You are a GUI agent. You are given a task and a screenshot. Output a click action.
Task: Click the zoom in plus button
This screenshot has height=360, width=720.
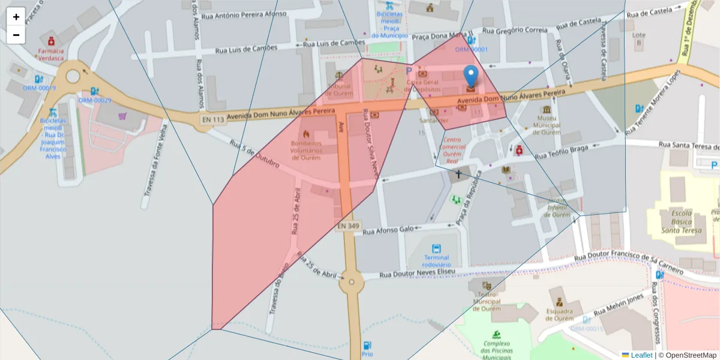click(x=16, y=17)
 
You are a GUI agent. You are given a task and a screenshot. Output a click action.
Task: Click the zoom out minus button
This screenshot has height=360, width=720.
click(x=16, y=35)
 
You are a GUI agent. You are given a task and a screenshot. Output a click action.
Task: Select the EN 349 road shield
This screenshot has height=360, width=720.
click(x=348, y=226)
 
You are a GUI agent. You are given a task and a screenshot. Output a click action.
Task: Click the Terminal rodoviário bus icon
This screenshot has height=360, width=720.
click(x=436, y=248)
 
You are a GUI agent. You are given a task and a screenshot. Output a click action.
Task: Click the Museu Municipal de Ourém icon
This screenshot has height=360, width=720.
click(x=546, y=112)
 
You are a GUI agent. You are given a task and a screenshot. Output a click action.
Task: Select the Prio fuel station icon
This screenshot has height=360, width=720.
click(x=367, y=345)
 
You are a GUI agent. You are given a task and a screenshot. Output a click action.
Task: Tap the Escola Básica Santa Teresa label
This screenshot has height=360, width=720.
click(x=681, y=221)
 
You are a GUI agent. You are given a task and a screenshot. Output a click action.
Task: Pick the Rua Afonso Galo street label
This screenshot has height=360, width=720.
click(x=389, y=229)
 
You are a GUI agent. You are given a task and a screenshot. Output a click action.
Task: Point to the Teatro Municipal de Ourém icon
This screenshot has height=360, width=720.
click(x=487, y=285)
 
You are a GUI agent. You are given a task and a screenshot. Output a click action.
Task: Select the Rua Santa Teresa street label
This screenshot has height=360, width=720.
click(x=688, y=145)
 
